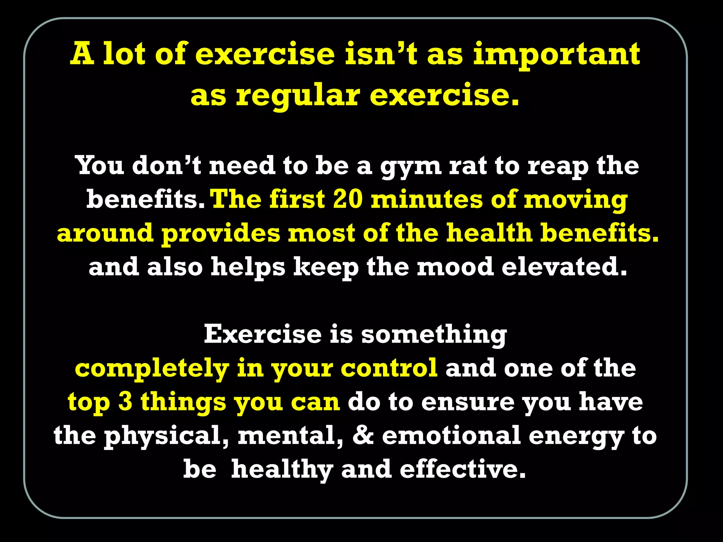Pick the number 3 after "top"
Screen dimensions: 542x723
(125, 402)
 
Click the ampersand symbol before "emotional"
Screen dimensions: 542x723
(363, 435)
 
